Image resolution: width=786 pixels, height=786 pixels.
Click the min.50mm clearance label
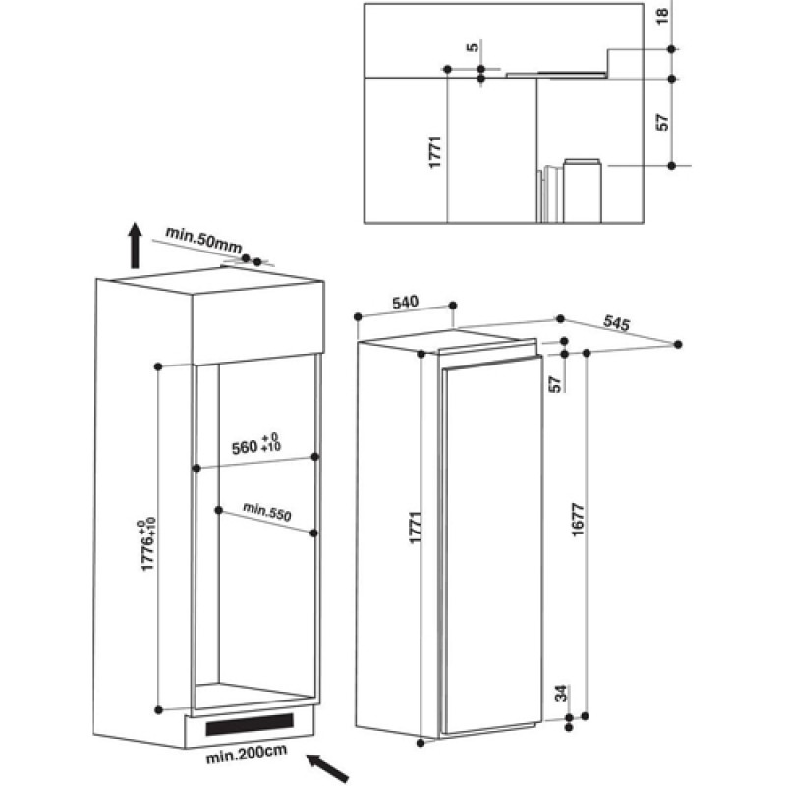click(203, 240)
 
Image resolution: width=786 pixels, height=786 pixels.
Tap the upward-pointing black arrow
click(135, 246)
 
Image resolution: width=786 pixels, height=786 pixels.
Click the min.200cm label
click(247, 754)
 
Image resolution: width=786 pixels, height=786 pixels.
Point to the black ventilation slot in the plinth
click(250, 724)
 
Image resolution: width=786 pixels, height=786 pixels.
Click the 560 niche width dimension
click(256, 444)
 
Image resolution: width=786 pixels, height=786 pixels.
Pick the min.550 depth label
click(266, 511)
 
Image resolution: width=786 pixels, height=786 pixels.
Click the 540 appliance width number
click(405, 303)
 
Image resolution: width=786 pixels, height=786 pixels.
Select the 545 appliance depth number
click(616, 323)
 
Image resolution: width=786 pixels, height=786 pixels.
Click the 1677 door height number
click(578, 520)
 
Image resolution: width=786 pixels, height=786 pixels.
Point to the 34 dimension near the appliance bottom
click(561, 693)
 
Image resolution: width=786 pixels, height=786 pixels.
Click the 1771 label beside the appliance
click(416, 528)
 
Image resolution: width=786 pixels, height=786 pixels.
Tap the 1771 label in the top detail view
click(435, 152)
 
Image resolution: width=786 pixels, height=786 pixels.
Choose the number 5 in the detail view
click(473, 47)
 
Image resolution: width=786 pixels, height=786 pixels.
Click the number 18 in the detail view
click(662, 15)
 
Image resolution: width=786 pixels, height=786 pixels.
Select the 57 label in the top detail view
click(662, 122)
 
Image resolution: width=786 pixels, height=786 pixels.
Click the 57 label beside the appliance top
click(555, 384)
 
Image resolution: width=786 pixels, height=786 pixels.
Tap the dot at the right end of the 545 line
click(678, 345)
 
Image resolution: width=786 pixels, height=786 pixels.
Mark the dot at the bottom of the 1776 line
click(159, 709)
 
